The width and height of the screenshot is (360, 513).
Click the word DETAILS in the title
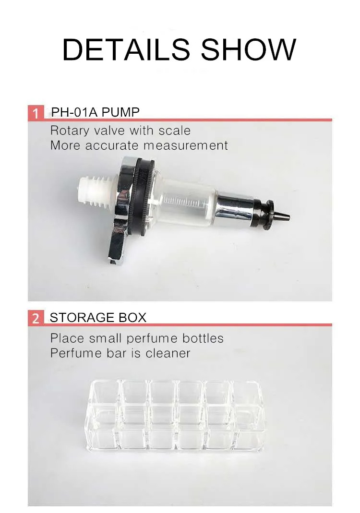click(x=126, y=49)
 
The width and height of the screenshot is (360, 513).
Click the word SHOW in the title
click(x=248, y=49)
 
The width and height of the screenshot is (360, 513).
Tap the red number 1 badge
click(x=36, y=114)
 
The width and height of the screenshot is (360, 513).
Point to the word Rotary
click(x=71, y=131)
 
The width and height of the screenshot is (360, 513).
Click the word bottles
click(x=203, y=338)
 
